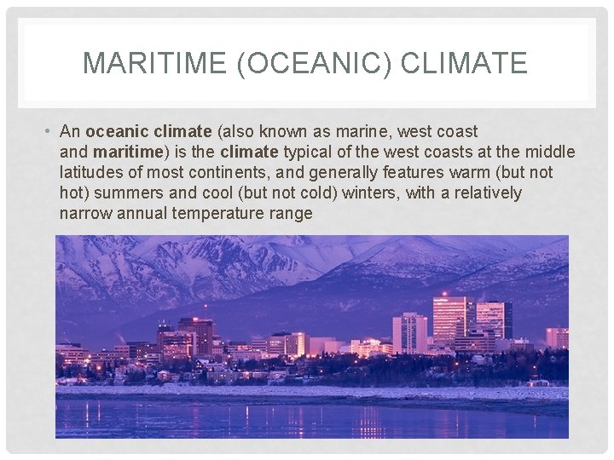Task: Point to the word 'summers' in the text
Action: pos(132,193)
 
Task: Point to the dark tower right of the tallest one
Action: pos(495,319)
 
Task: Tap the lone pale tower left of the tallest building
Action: pos(409,332)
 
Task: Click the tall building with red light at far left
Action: pos(197,332)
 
